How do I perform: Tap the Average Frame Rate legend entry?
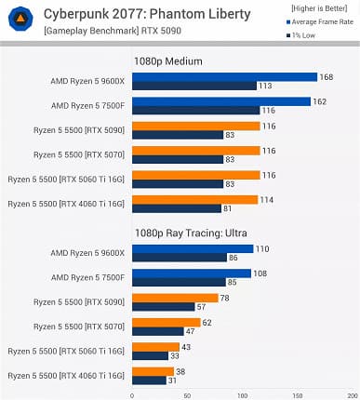click(x=313, y=22)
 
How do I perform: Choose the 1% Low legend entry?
click(x=300, y=35)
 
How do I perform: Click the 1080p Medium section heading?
click(x=168, y=61)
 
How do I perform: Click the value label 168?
click(x=326, y=77)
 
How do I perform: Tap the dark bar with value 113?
click(x=194, y=86)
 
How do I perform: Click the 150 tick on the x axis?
click(x=295, y=393)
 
